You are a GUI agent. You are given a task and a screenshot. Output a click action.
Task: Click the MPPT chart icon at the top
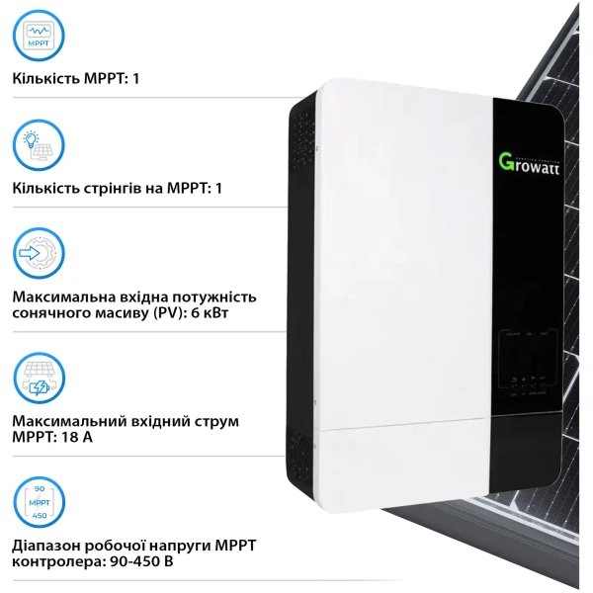pos(41,37)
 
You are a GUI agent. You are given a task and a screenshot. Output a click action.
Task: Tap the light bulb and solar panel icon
pos(41,146)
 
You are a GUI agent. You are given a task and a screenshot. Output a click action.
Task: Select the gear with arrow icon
pos(41,256)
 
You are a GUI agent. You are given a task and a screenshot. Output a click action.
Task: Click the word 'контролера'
pos(56,561)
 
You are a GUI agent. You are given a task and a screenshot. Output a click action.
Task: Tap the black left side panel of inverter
pos(301,296)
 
